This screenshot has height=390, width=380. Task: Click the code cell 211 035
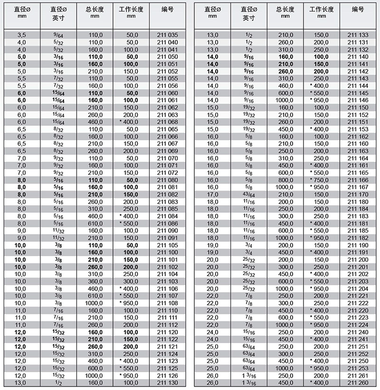tap(167, 35)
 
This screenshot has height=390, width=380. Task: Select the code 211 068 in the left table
tap(167, 122)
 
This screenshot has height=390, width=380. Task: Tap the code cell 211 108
tap(167, 303)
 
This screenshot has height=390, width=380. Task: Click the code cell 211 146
tap(357, 100)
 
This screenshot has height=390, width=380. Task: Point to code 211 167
tap(357, 187)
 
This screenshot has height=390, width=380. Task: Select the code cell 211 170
tap(357, 194)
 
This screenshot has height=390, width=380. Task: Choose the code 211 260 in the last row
tap(357, 383)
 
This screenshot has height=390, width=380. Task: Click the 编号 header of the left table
tap(167, 9)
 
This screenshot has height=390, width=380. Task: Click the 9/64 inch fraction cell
tap(58, 35)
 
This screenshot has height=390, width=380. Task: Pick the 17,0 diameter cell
tap(212, 194)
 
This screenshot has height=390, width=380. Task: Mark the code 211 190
tap(357, 245)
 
